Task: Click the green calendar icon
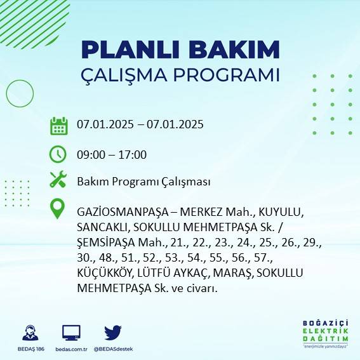point(58,126)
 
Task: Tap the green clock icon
point(58,154)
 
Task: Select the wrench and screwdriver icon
point(58,180)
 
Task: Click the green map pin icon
point(58,209)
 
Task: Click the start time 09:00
point(91,154)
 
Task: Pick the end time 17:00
point(133,154)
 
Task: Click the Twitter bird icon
point(112,332)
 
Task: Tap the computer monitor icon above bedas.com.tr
point(71,332)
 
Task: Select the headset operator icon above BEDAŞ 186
point(30,332)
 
